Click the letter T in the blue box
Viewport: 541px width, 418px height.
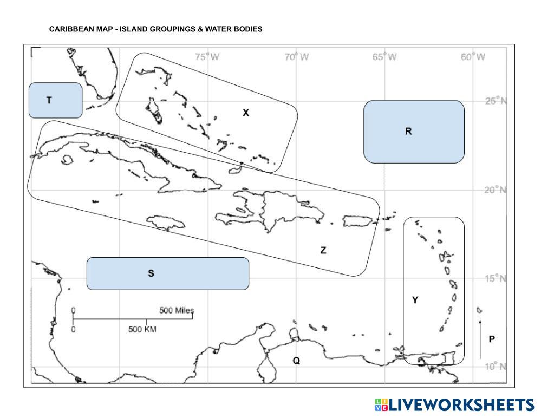[x=49, y=100]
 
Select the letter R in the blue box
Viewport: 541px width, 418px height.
[x=408, y=131]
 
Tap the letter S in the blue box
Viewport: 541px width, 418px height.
[x=151, y=273]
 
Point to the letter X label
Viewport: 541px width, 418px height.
[x=246, y=113]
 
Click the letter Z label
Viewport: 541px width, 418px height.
[x=323, y=250]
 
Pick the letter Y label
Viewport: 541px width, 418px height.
[x=415, y=300]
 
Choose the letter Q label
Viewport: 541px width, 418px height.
[x=296, y=361]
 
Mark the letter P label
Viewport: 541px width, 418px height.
[x=492, y=339]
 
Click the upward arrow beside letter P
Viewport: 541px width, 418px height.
[x=480, y=338]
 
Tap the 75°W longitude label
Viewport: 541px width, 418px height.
[x=207, y=57]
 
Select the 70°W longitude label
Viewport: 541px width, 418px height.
[x=296, y=57]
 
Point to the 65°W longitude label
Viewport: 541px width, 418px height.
[x=384, y=57]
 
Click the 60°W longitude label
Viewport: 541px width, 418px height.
[x=473, y=57]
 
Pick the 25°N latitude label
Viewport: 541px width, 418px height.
[x=495, y=102]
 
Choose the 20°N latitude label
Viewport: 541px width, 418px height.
[x=495, y=190]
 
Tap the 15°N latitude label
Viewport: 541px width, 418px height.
[x=495, y=279]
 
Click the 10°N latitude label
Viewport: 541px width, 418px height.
[x=495, y=367]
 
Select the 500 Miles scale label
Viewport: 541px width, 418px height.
[x=176, y=311]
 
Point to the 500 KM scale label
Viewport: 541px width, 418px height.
[x=142, y=330]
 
